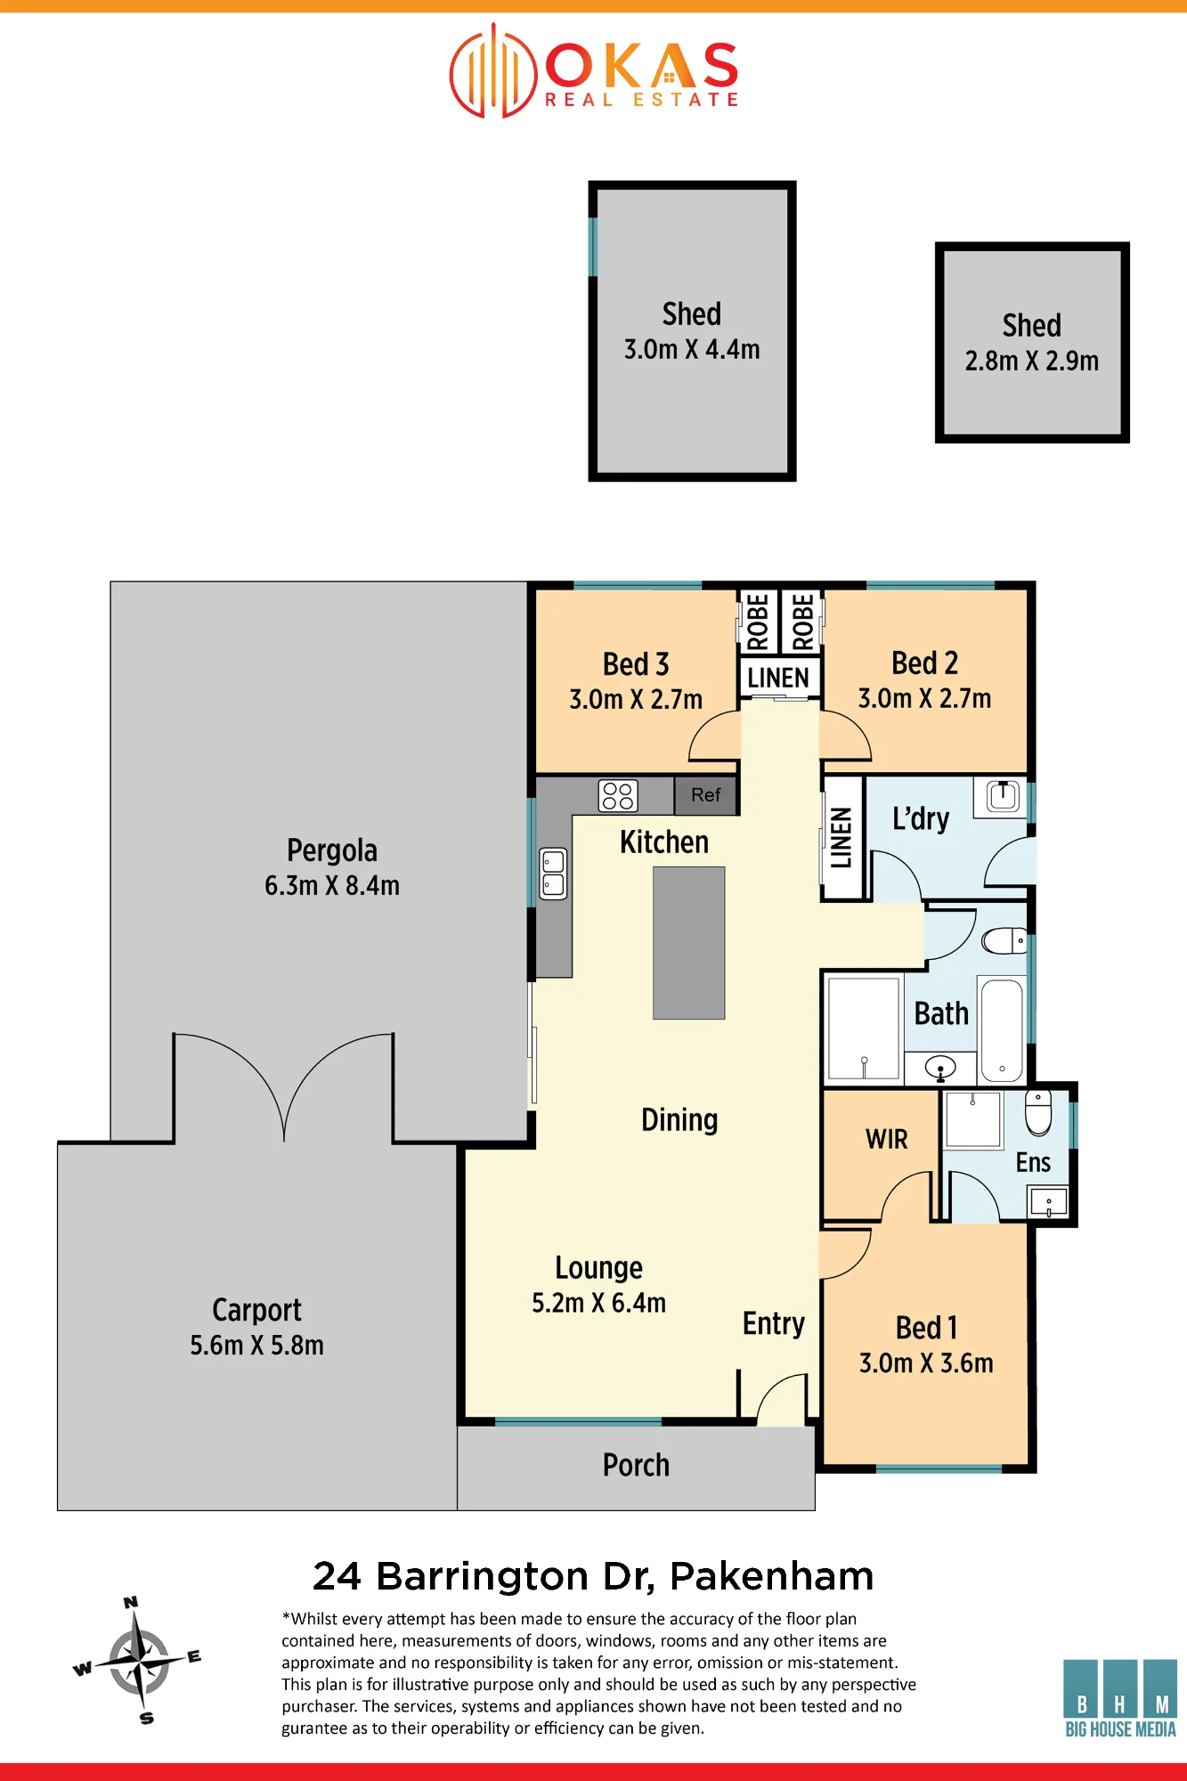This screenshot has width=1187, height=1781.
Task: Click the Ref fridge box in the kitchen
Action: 705,795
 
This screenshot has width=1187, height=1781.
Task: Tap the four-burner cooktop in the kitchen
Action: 618,795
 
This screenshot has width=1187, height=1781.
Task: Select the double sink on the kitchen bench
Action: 553,874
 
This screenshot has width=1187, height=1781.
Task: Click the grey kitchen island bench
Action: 688,942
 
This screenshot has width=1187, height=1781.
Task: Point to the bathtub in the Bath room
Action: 1002,1030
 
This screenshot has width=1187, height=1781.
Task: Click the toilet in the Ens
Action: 1038,1112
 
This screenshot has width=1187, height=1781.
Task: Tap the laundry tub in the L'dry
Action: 1003,795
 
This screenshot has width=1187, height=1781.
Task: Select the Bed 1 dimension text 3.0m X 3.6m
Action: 926,1363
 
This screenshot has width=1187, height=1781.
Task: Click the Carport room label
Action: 256,1311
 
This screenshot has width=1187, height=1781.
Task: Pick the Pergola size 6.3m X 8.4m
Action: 332,886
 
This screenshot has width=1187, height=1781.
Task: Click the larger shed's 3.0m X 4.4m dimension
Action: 692,350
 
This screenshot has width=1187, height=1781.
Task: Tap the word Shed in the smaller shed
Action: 1032,326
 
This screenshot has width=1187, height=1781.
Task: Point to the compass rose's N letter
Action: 131,1602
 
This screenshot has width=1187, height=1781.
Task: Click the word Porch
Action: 636,1466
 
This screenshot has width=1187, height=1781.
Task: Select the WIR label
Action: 887,1139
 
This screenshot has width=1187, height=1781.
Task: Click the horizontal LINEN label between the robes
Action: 778,679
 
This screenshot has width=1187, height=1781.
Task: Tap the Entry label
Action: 774,1324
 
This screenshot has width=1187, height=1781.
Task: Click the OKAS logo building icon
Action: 492,70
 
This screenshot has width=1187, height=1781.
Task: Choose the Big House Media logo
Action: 1120,1698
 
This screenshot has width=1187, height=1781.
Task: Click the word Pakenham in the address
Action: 771,1576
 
